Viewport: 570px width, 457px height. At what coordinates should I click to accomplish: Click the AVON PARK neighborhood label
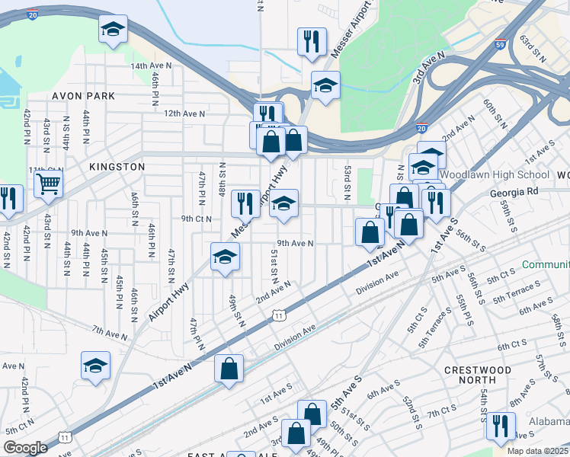point(84,96)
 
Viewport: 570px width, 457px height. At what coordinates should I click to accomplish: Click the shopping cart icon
point(47,183)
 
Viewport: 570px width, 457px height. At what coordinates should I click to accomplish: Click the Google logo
point(26,448)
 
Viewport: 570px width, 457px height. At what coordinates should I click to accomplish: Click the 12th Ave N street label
point(184,113)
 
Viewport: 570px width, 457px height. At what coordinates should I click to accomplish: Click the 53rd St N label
point(347,183)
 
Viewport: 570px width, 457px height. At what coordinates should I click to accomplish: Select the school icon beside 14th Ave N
point(113,30)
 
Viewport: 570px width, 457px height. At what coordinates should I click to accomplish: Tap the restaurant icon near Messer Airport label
point(312,41)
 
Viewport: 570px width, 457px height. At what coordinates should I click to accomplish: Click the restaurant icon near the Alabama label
point(502,424)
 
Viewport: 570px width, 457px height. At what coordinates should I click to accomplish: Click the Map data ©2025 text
point(538,451)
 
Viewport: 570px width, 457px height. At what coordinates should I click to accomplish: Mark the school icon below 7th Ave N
point(95,366)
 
